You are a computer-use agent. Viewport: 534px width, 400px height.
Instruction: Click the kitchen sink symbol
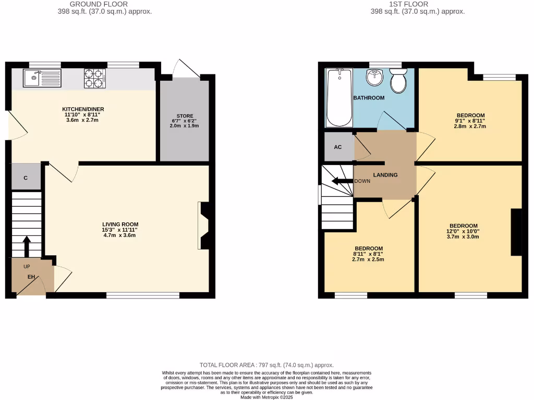[x=42, y=78]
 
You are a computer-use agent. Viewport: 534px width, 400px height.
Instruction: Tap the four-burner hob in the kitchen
[x=94, y=78]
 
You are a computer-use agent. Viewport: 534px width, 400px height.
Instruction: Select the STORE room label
[x=185, y=116]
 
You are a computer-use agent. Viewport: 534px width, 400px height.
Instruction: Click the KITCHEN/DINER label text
[x=81, y=109]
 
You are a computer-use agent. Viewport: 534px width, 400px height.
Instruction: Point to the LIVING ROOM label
[x=120, y=224]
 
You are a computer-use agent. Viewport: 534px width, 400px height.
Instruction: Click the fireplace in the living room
[x=203, y=225]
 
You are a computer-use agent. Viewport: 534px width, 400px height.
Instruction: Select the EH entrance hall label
[x=31, y=277]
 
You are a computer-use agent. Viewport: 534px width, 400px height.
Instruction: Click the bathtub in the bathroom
[x=338, y=97]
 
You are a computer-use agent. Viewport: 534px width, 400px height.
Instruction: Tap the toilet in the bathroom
[x=398, y=81]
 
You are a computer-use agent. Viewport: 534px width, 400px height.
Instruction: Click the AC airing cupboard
[x=338, y=147]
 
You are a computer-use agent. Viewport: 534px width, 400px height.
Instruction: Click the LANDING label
[x=385, y=175]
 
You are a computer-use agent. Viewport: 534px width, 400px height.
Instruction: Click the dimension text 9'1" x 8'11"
[x=471, y=121]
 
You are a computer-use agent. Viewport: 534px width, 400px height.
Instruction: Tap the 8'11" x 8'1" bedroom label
[x=369, y=254]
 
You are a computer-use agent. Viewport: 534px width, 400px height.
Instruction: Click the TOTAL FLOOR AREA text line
[x=267, y=365]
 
